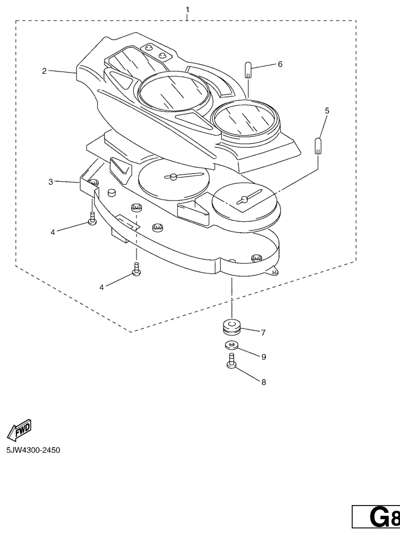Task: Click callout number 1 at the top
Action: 187,9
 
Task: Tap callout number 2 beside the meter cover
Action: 44,71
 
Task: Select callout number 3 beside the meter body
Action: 51,182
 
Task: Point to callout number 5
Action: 327,111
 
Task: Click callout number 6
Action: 280,64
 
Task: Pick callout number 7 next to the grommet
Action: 263,332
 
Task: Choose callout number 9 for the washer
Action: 264,357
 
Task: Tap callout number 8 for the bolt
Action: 264,382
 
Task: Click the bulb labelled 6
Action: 249,70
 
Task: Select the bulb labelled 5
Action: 318,146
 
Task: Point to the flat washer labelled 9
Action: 231,345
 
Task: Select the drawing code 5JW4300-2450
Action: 33,450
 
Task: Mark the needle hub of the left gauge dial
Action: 173,176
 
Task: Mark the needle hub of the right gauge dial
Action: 244,199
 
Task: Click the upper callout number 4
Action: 53,232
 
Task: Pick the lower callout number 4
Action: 102,288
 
